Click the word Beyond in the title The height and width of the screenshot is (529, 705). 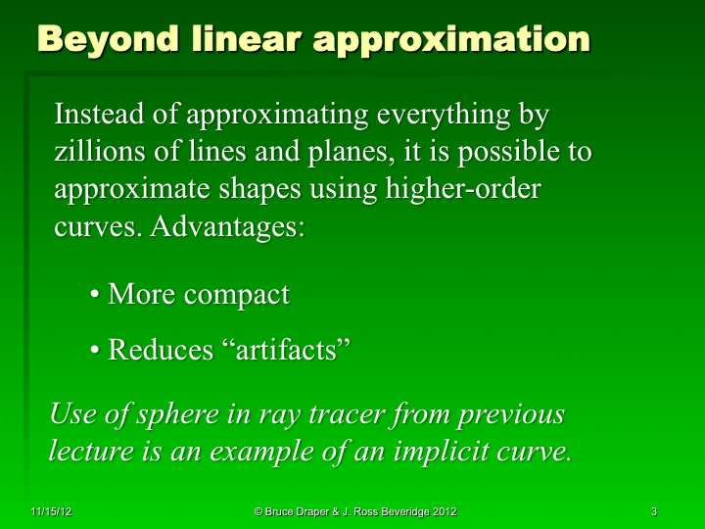pos(107,39)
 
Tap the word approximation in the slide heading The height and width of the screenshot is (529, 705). pos(451,39)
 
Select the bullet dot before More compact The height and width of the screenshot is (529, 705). pos(95,295)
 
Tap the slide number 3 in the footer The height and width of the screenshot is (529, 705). pos(653,512)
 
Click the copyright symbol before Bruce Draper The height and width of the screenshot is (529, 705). pos(258,512)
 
